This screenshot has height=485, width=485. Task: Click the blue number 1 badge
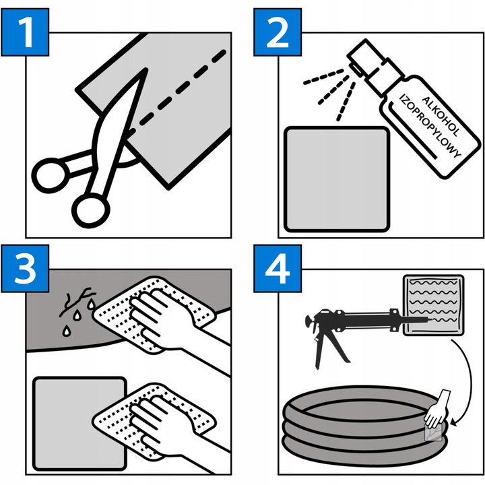pyautogui.click(x=25, y=32)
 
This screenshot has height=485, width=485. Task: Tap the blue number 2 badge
pyautogui.click(x=278, y=32)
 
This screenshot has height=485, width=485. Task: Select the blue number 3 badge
pyautogui.click(x=25, y=269)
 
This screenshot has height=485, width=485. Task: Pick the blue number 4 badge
pyautogui.click(x=278, y=269)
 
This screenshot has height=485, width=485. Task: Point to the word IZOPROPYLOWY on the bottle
pyautogui.click(x=430, y=126)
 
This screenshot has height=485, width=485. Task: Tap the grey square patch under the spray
pyautogui.click(x=337, y=179)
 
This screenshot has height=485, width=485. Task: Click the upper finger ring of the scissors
pyautogui.click(x=51, y=175)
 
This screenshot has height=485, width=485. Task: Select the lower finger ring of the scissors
pyautogui.click(x=91, y=210)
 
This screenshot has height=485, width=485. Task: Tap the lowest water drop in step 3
pyautogui.click(x=67, y=331)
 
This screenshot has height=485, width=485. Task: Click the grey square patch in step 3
pyautogui.click(x=79, y=424)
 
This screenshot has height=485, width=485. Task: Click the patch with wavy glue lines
pyautogui.click(x=433, y=305)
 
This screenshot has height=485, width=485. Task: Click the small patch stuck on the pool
pyautogui.click(x=434, y=432)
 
